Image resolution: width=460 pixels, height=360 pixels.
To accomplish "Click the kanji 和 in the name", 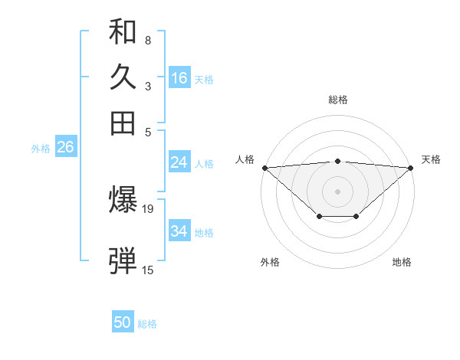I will coord(123,33).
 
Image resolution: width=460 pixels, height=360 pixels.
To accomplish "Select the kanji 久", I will coord(123,78).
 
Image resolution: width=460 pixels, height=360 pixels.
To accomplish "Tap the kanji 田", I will coord(123,123).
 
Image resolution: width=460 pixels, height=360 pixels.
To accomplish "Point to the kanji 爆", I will coord(123,201).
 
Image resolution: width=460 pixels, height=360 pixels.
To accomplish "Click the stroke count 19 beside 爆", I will coord(149,208).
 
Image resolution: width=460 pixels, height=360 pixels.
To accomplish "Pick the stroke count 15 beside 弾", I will coord(148,270).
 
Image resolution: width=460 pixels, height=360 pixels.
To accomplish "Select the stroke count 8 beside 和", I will coord(148,40).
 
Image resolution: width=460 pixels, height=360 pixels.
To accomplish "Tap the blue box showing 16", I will coord(179,78).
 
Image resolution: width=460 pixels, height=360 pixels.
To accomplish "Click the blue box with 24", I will coord(179,162).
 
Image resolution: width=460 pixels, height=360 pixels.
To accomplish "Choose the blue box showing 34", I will coord(179,231).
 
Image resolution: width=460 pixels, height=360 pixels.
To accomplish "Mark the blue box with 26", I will coord(65,148).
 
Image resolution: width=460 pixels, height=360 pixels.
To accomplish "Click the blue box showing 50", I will coord(123,323).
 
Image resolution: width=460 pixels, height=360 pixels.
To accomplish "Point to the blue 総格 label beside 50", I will coord(147,324).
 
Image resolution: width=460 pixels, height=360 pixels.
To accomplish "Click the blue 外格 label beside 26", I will coord(41,149).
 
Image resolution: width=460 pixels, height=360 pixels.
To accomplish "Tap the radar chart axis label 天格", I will coord(431,159).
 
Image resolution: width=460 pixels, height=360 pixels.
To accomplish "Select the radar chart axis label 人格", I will coord(245,159).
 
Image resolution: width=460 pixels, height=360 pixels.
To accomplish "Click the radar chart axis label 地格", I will coord(402,262).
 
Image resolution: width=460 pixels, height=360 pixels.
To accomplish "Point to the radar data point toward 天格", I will coord(411,167).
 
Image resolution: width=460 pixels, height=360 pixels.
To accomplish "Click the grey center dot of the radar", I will coord(337,191).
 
